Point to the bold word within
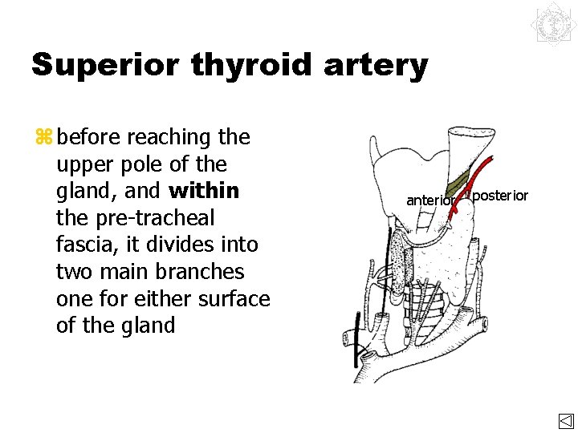coord(204,191)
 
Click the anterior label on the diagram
coord(431,200)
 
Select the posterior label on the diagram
coord(499,196)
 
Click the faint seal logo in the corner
coord(552,27)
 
